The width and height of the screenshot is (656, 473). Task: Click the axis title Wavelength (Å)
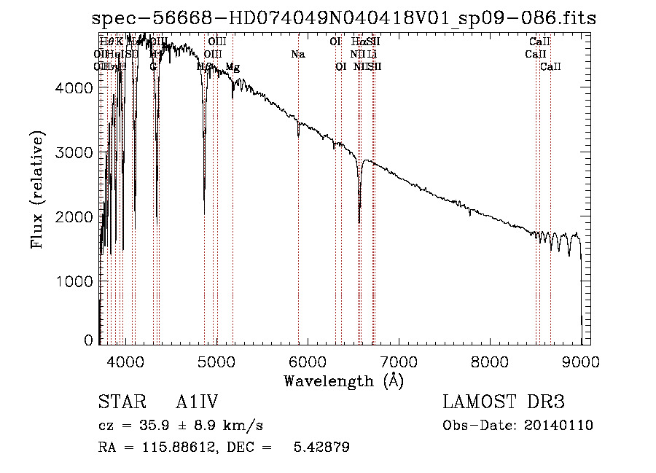343,380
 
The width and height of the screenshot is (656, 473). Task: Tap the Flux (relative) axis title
37,189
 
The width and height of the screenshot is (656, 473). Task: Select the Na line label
297,55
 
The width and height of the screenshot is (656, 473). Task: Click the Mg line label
233,67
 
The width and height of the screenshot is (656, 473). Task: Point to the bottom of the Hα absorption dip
359,222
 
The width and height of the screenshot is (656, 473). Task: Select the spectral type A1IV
197,403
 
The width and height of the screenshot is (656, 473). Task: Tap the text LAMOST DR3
503,403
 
